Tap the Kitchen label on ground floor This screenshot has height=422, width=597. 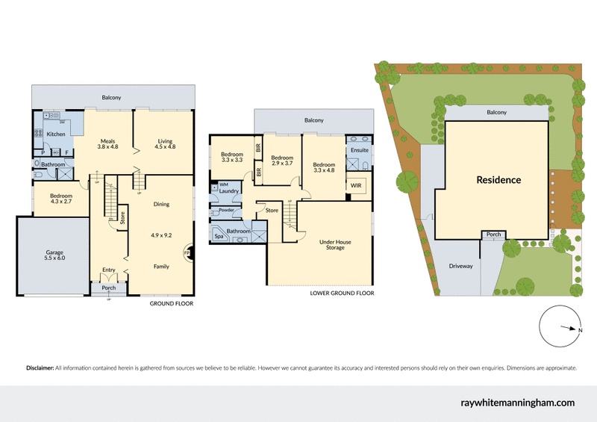click(57, 134)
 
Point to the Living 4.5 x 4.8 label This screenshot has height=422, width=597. click(165, 143)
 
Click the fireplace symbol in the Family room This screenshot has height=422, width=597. click(187, 253)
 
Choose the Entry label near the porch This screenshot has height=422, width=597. click(109, 270)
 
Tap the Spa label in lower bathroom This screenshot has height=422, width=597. click(219, 236)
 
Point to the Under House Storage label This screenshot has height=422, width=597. click(335, 244)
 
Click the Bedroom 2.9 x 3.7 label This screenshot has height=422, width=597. click(281, 161)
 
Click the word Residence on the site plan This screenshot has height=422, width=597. click(498, 180)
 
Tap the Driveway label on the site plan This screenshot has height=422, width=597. click(460, 266)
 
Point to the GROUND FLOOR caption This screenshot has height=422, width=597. click(172, 304)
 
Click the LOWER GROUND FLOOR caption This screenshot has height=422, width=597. click(342, 294)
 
